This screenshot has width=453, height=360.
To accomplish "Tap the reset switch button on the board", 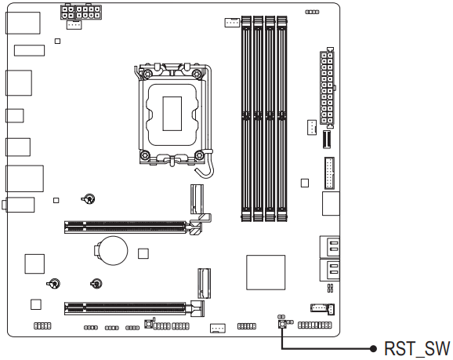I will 281,322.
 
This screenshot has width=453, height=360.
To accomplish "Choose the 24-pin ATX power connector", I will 328,89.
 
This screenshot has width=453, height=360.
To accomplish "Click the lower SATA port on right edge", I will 330,271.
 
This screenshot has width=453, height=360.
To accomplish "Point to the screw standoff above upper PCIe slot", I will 90,199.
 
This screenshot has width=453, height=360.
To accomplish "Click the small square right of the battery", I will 143,253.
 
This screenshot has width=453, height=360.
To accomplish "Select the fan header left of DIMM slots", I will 231,23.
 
